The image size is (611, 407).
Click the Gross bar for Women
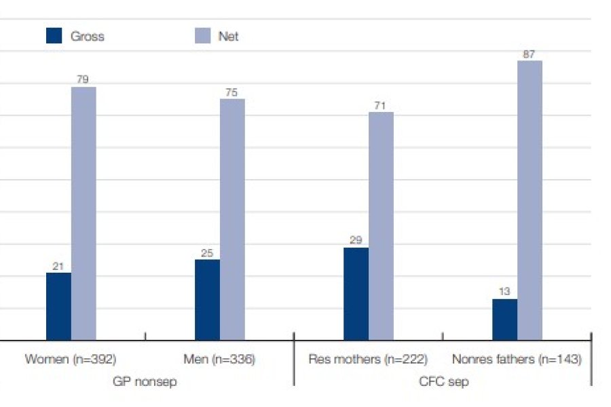pos(58,306)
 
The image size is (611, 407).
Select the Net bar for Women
pos(84,213)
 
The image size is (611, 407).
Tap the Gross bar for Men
pos(207,299)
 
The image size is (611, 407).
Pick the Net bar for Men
pos(232,219)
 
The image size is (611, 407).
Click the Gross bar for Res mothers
pos(356,294)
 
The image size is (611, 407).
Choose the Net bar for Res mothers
pos(381,225)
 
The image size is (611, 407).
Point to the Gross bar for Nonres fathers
pos(504,319)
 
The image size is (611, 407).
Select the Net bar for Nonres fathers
pos(530,200)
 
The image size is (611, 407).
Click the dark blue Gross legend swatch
pos(54,36)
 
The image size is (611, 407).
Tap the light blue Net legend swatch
pos(202,36)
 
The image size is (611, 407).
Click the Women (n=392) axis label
pos(71,360)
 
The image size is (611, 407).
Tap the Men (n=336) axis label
pos(219,360)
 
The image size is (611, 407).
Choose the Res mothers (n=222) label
pos(367,360)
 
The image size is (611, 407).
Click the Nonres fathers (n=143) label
pos(517,360)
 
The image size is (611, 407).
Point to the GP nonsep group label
pos(144,382)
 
